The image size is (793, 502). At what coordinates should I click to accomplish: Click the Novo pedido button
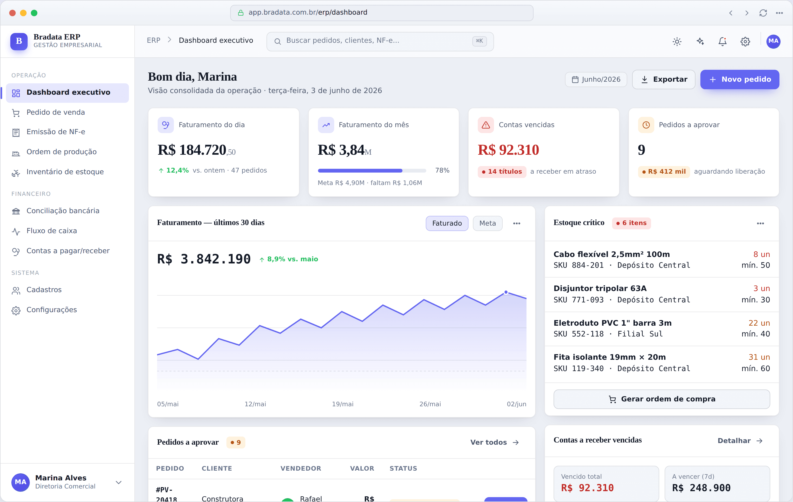(x=739, y=79)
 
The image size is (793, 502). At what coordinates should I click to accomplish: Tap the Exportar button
(x=663, y=79)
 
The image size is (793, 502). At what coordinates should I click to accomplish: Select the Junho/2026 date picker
(x=596, y=79)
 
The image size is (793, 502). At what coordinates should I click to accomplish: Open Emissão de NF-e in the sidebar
(x=56, y=132)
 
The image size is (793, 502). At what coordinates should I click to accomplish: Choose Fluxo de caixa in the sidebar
(x=52, y=231)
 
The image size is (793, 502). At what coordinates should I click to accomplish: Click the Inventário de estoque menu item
(x=65, y=172)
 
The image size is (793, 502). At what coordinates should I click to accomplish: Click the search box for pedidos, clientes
(x=380, y=41)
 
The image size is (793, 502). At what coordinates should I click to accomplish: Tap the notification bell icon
(x=722, y=41)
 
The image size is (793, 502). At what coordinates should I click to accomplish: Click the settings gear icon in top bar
(x=745, y=41)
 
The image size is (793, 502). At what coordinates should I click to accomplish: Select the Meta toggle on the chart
(x=487, y=223)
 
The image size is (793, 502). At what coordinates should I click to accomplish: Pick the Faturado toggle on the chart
(x=447, y=223)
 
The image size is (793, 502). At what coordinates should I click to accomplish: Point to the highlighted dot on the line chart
(x=506, y=292)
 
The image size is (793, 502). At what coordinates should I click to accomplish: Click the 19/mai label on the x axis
(x=343, y=404)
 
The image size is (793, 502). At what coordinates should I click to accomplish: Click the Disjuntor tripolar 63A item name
(x=600, y=289)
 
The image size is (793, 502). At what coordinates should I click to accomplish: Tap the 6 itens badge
(x=631, y=223)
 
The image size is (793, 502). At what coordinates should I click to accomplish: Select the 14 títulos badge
(x=502, y=171)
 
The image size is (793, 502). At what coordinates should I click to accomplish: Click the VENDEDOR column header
(x=301, y=468)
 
